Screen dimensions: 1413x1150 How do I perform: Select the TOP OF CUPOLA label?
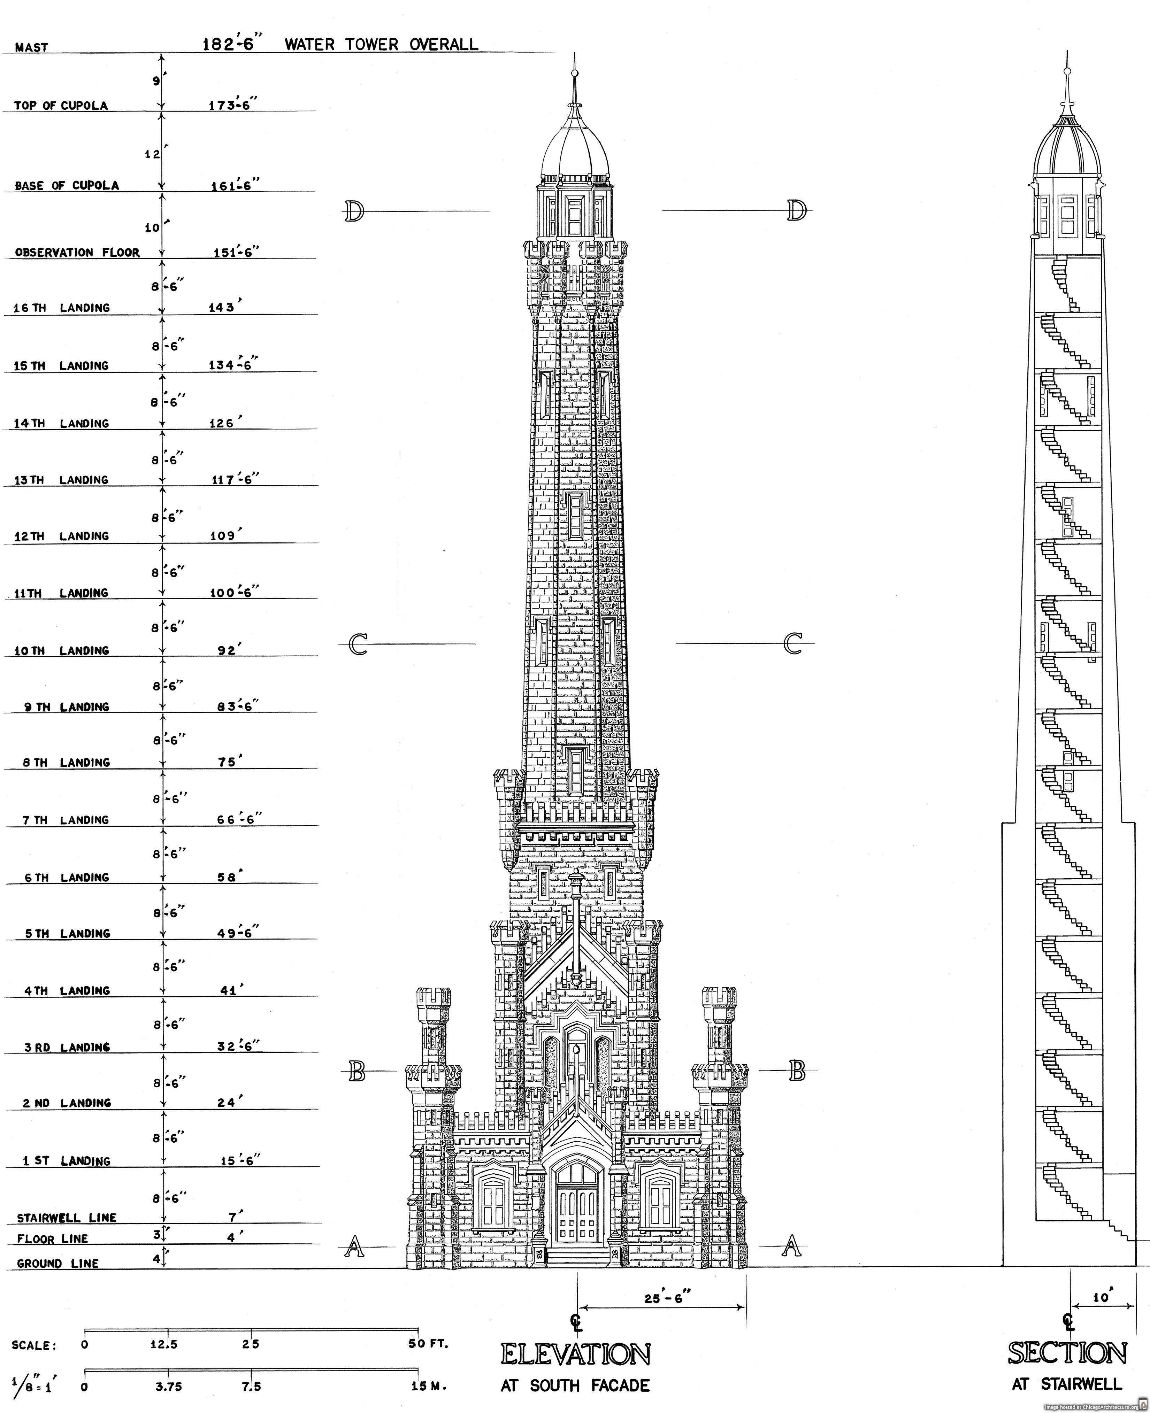[x=61, y=105]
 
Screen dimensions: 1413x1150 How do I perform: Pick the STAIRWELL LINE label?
[x=66, y=1218]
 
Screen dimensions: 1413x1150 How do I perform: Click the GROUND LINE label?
[x=58, y=1263]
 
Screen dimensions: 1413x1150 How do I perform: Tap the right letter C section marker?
[x=793, y=643]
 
